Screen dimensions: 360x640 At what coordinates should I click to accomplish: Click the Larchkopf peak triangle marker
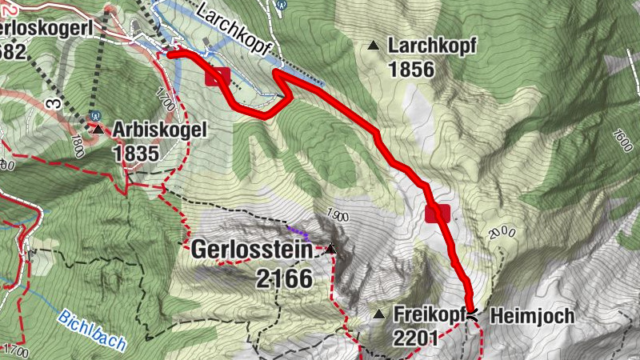pyautogui.click(x=374, y=46)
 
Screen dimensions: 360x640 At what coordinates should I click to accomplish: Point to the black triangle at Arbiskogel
pyautogui.click(x=98, y=128)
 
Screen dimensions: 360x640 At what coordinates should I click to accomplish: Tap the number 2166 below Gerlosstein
pyautogui.click(x=282, y=278)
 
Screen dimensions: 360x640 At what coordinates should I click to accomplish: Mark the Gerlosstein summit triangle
pyautogui.click(x=330, y=250)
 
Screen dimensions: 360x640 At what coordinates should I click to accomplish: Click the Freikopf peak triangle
pyautogui.click(x=380, y=315)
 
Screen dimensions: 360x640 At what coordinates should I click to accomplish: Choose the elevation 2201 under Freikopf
pyautogui.click(x=415, y=338)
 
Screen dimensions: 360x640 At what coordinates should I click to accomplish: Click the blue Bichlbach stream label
pyautogui.click(x=92, y=330)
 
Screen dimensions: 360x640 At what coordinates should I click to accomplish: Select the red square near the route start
pyautogui.click(x=218, y=77)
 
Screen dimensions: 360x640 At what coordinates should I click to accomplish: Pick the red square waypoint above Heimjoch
pyautogui.click(x=437, y=213)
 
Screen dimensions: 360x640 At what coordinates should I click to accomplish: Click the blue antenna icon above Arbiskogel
pyautogui.click(x=94, y=114)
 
